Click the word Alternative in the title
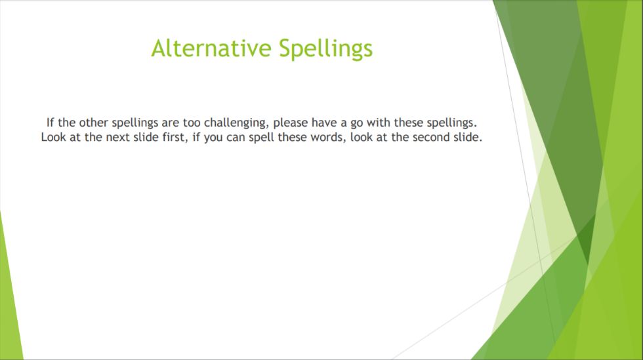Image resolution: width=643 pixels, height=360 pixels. coord(211,48)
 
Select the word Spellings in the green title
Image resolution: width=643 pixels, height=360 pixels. coord(325,49)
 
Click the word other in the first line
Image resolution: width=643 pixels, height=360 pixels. coord(93,123)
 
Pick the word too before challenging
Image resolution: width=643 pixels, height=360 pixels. coord(192,123)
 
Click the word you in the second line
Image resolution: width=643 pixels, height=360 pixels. coord(213,138)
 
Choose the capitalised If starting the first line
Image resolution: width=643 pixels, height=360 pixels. coord(51,123)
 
